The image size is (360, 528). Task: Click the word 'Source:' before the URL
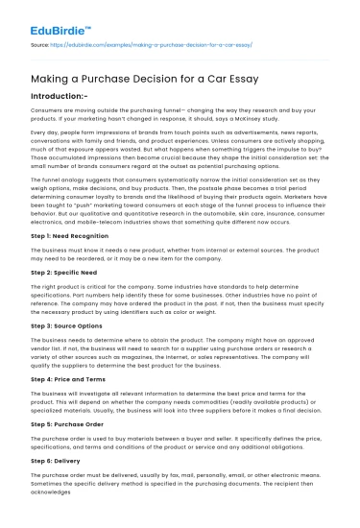tap(40, 44)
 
